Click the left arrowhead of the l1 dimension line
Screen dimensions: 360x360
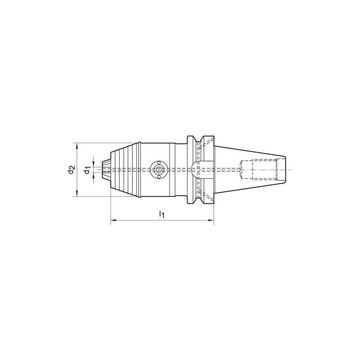click(x=113, y=220)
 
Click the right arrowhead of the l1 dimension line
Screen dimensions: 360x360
click(x=211, y=220)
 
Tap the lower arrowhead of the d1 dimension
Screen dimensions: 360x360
click(x=93, y=177)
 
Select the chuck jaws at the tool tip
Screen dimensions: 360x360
click(x=107, y=170)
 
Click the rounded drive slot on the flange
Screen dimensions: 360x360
click(x=197, y=170)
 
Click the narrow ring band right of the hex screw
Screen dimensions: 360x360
click(x=171, y=170)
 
